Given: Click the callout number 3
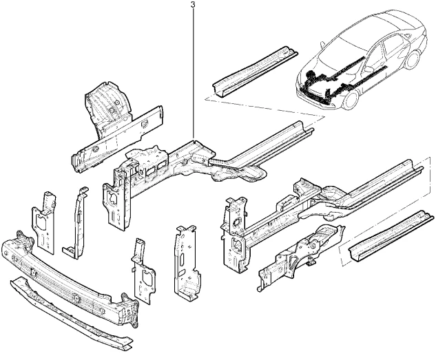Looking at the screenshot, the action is (194, 5).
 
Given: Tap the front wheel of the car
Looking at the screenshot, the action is (350, 100).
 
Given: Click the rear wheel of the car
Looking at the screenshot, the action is (412, 60).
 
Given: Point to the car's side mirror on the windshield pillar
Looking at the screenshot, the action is (322, 45).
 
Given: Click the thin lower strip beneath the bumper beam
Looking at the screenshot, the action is (71, 313).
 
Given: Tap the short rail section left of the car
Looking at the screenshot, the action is (255, 72).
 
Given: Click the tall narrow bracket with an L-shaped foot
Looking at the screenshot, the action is (76, 223).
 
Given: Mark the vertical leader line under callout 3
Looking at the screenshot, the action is (194, 73).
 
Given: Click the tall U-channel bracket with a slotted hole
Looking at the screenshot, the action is (185, 263).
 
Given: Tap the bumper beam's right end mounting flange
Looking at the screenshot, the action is (130, 310).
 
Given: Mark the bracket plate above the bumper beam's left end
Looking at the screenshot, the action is (44, 222).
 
